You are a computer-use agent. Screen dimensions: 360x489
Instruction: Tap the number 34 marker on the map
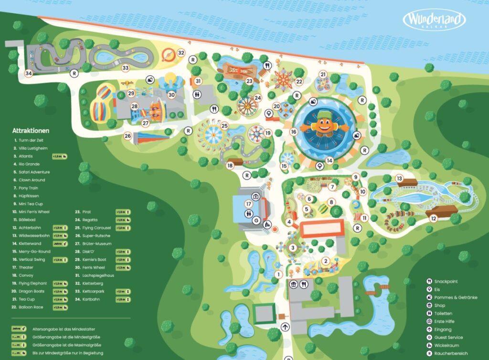pyautogui.click(x=29, y=74)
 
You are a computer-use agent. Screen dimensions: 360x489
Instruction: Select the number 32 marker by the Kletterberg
pyautogui.click(x=181, y=53)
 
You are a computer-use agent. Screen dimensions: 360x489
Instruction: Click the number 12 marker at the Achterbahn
pyautogui.click(x=434, y=218)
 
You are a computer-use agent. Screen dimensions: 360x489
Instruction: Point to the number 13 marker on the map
pyautogui.click(x=400, y=178)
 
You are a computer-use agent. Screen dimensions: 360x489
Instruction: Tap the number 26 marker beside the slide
pyautogui.click(x=128, y=136)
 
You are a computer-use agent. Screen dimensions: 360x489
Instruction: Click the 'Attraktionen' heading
pyautogui.click(x=31, y=130)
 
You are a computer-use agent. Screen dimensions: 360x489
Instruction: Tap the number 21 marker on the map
pyautogui.click(x=323, y=74)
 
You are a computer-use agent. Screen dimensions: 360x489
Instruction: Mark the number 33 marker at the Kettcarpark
pyautogui.click(x=126, y=68)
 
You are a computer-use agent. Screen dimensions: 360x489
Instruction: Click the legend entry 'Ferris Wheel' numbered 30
pyautogui.click(x=94, y=267)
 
